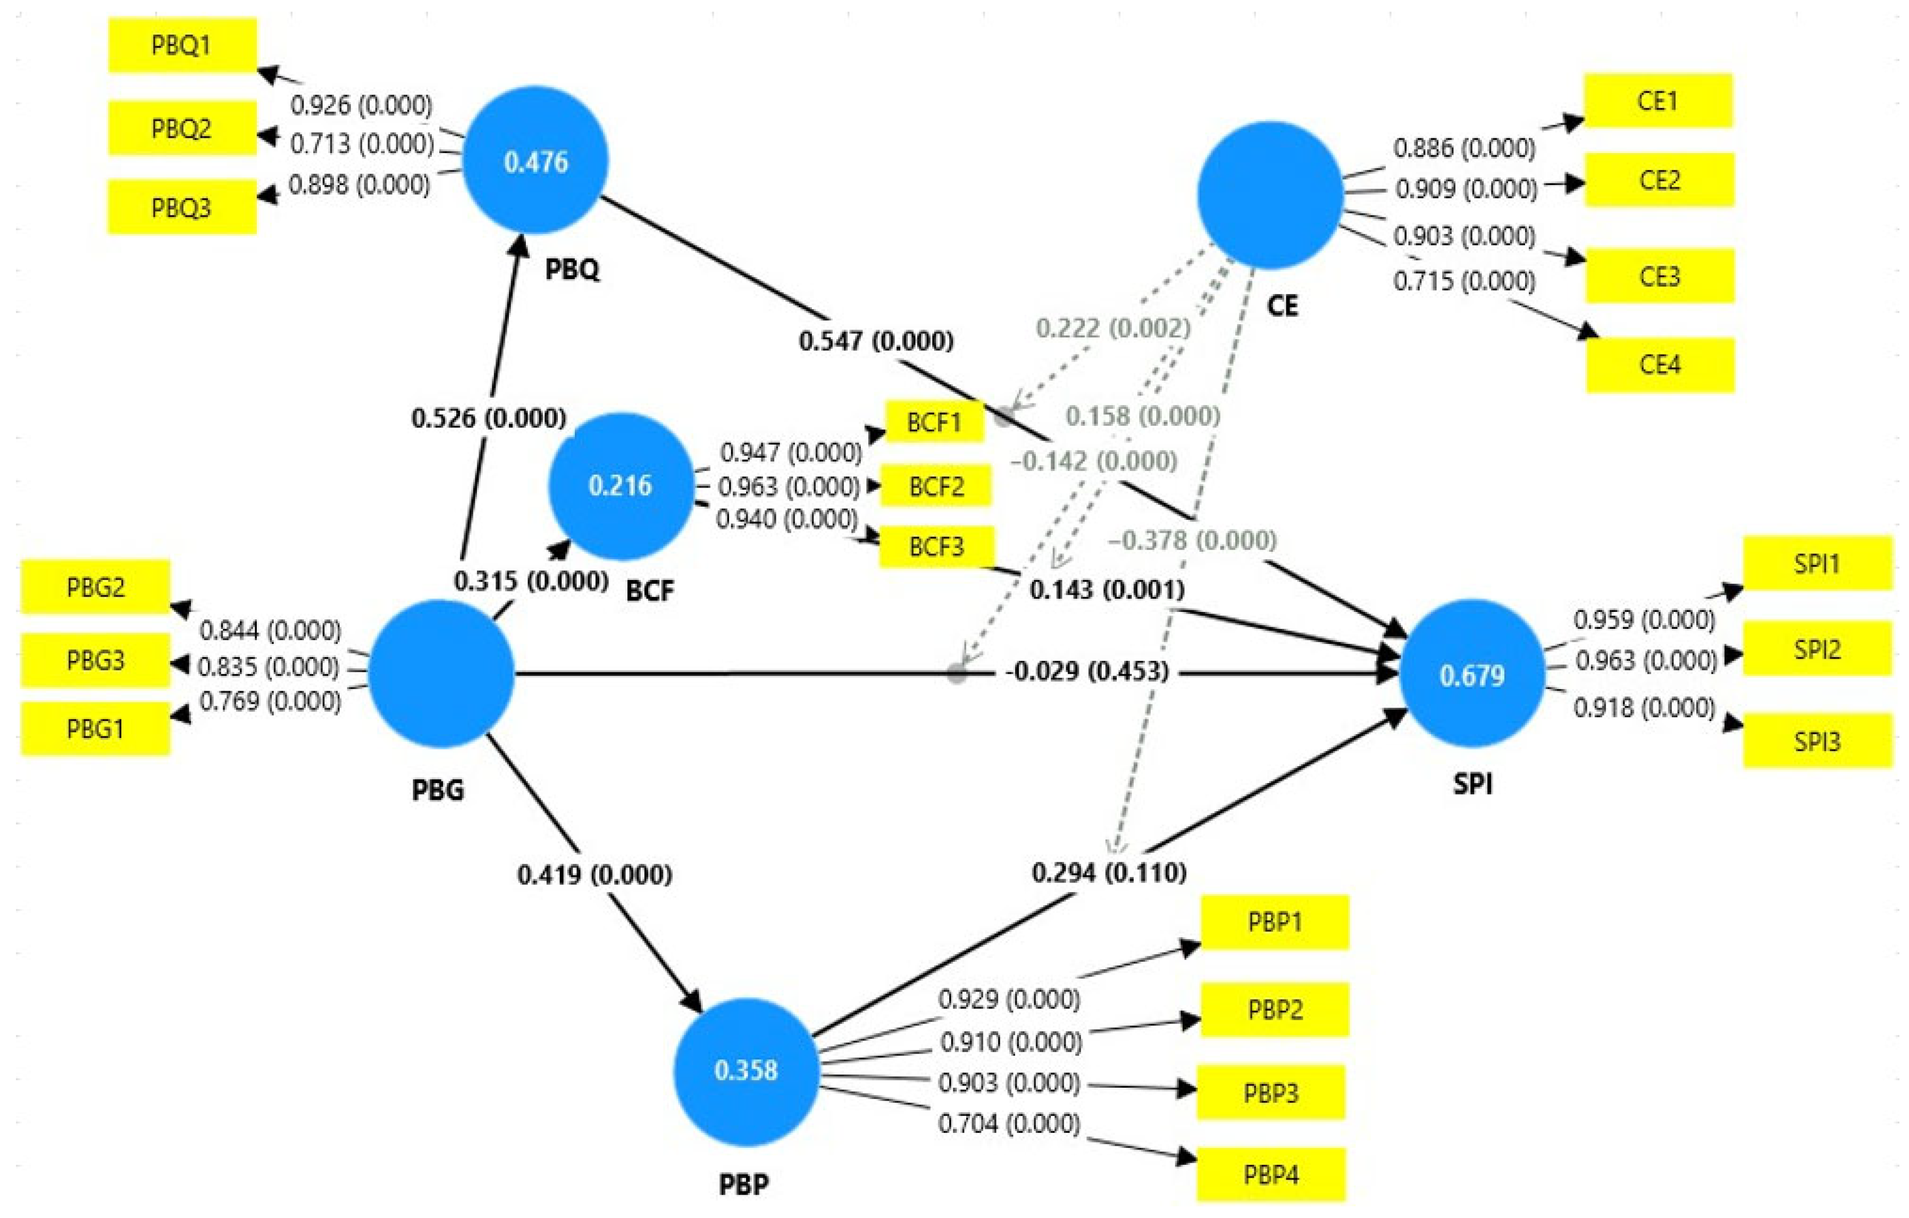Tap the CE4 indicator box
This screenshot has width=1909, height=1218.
pyautogui.click(x=1659, y=365)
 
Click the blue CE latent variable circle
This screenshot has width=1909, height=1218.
pyautogui.click(x=1269, y=195)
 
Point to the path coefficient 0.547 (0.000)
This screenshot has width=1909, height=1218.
pyautogui.click(x=875, y=341)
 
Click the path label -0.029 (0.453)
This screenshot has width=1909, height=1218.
pyautogui.click(x=1086, y=671)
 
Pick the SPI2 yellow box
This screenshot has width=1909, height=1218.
pyautogui.click(x=1816, y=649)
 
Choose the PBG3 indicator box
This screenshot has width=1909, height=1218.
pyautogui.click(x=95, y=659)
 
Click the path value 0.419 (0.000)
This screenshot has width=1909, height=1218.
pyautogui.click(x=595, y=875)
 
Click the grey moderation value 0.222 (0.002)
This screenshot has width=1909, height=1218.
pyautogui.click(x=1112, y=328)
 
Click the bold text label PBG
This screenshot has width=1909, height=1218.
pyautogui.click(x=438, y=790)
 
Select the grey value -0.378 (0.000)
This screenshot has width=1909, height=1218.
pyautogui.click(x=1192, y=541)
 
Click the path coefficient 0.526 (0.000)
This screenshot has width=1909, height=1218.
pyautogui.click(x=488, y=418)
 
